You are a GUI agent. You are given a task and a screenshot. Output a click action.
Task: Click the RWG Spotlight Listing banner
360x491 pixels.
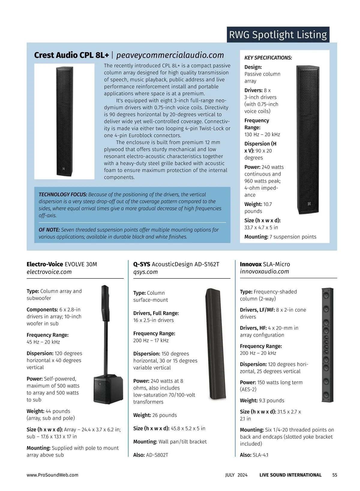278,35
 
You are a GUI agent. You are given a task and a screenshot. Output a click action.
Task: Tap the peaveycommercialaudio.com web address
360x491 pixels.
170,55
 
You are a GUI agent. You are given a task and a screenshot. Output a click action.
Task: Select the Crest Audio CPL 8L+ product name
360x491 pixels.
71,55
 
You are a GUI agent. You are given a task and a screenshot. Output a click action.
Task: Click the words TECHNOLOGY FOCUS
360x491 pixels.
63,195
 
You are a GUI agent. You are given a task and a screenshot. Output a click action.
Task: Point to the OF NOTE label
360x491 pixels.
49,230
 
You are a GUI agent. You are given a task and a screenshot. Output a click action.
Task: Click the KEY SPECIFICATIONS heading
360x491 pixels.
268,58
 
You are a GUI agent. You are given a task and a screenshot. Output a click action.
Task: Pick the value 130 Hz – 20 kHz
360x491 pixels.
262,135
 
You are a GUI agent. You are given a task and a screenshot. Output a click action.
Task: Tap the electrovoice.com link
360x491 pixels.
49,272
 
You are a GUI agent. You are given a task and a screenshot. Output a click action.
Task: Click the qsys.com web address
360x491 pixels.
145,272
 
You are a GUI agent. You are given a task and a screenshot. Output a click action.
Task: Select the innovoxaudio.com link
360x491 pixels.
264,272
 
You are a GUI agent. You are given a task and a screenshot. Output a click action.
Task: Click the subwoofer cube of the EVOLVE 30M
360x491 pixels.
108,389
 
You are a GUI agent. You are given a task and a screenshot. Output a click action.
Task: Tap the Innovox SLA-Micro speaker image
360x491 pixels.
327,344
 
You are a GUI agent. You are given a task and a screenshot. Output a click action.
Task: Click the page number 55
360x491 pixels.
334,475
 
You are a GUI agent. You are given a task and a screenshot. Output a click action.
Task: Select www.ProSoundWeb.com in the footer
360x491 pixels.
52,475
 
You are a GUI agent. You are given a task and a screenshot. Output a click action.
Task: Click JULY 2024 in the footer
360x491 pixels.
236,475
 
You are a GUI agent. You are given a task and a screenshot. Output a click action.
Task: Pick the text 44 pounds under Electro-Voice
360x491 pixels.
58,411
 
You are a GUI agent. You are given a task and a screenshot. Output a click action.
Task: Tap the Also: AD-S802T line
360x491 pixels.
151,455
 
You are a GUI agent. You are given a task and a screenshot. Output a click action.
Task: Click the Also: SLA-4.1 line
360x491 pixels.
254,455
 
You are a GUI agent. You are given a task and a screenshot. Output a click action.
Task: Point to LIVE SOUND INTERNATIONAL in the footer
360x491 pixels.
290,475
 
